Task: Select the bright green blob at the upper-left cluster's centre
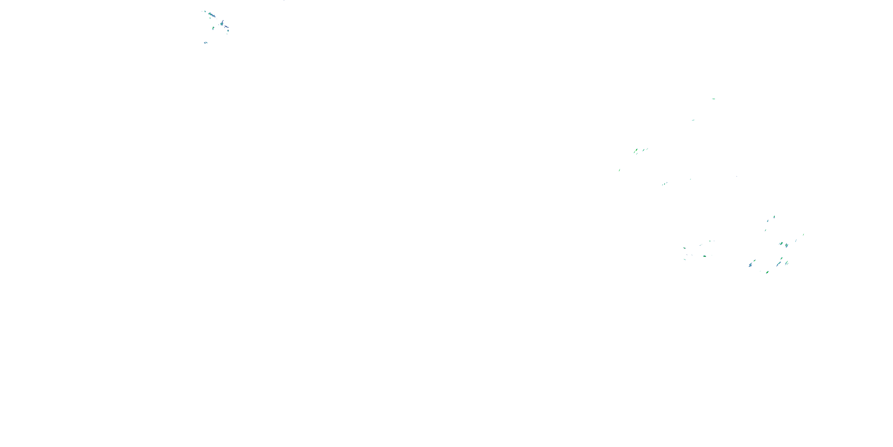pyautogui.click(x=213, y=28)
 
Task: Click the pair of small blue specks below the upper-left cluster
pyautogui.click(x=206, y=43)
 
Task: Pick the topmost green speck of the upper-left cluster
pyautogui.click(x=205, y=11)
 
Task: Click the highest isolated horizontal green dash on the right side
pyautogui.click(x=714, y=99)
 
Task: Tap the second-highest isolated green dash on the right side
pyautogui.click(x=693, y=120)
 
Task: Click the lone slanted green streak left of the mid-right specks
pyautogui.click(x=619, y=170)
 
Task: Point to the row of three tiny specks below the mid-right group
pyautogui.click(x=664, y=184)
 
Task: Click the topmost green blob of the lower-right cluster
pyautogui.click(x=774, y=217)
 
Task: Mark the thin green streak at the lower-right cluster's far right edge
pyautogui.click(x=804, y=235)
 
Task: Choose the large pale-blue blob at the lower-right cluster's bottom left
pyautogui.click(x=750, y=265)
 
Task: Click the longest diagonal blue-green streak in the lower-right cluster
pyautogui.click(x=779, y=264)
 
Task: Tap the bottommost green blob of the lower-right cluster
pyautogui.click(x=767, y=272)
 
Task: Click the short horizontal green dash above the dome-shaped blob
pyautogui.click(x=710, y=241)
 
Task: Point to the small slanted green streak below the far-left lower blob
pyautogui.click(x=685, y=259)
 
